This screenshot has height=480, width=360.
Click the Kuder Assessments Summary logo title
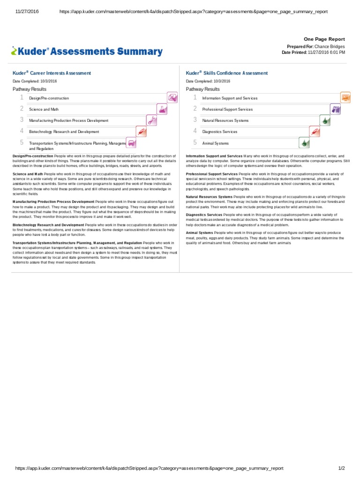[x=87, y=52]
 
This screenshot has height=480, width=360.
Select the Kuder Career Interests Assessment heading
[x=52, y=73]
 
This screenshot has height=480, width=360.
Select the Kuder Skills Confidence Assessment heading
[x=227, y=73]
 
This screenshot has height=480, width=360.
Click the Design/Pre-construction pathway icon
[x=172, y=97]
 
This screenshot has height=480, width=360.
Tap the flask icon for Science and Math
[x=162, y=109]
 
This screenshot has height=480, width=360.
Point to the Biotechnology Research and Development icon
[x=141, y=131]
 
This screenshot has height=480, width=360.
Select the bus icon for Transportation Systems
[x=132, y=143]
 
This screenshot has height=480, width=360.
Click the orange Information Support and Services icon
[x=346, y=97]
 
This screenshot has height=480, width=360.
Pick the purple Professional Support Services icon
[x=336, y=109]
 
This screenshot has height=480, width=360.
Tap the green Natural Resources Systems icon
[x=325, y=120]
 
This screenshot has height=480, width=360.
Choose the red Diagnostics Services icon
[x=315, y=131]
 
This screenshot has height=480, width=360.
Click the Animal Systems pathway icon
[x=304, y=142]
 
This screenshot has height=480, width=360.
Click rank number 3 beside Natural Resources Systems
[x=195, y=120]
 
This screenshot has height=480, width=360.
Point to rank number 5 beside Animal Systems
[x=195, y=142]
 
